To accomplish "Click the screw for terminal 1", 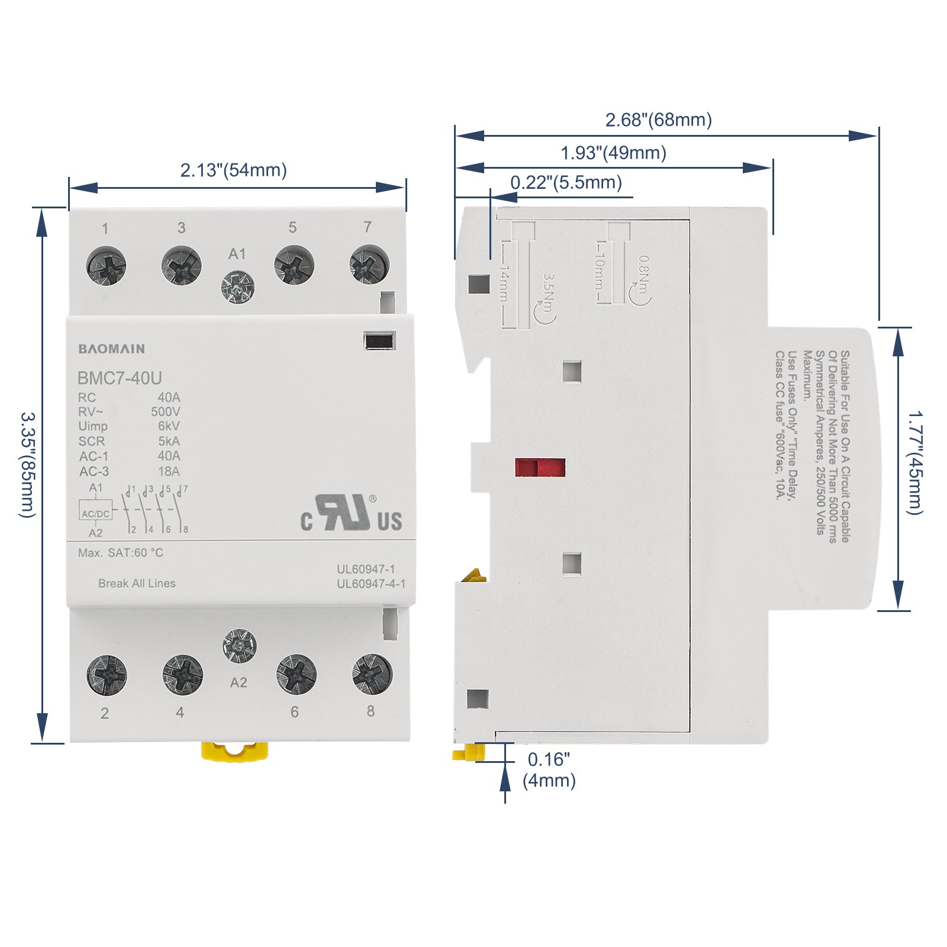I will tap(106, 266).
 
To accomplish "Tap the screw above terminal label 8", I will tap(372, 674).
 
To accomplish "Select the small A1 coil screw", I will tap(238, 287).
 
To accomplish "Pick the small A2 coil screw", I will tap(239, 646).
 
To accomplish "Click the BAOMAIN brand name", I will tap(111, 349).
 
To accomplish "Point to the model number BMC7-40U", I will tap(120, 378).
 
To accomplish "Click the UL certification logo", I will tap(352, 513).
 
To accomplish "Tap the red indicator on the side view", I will tap(540, 468).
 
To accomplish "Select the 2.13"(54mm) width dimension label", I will tap(233, 170).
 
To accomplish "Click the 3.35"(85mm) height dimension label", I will tap(28, 465).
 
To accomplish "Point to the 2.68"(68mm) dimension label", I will tap(658, 120).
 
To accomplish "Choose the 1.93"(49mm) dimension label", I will tap(613, 153).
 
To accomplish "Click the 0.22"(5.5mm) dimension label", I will tap(566, 182).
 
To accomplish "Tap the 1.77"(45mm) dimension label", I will tap(916, 462).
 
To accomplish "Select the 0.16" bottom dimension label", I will tap(549, 759).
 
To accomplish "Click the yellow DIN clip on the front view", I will tap(234, 752).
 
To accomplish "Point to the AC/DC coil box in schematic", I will tap(95, 513).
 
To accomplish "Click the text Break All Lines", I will tap(137, 583).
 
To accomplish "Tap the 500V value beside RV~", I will tap(165, 411).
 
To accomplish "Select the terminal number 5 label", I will tap(292, 227).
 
